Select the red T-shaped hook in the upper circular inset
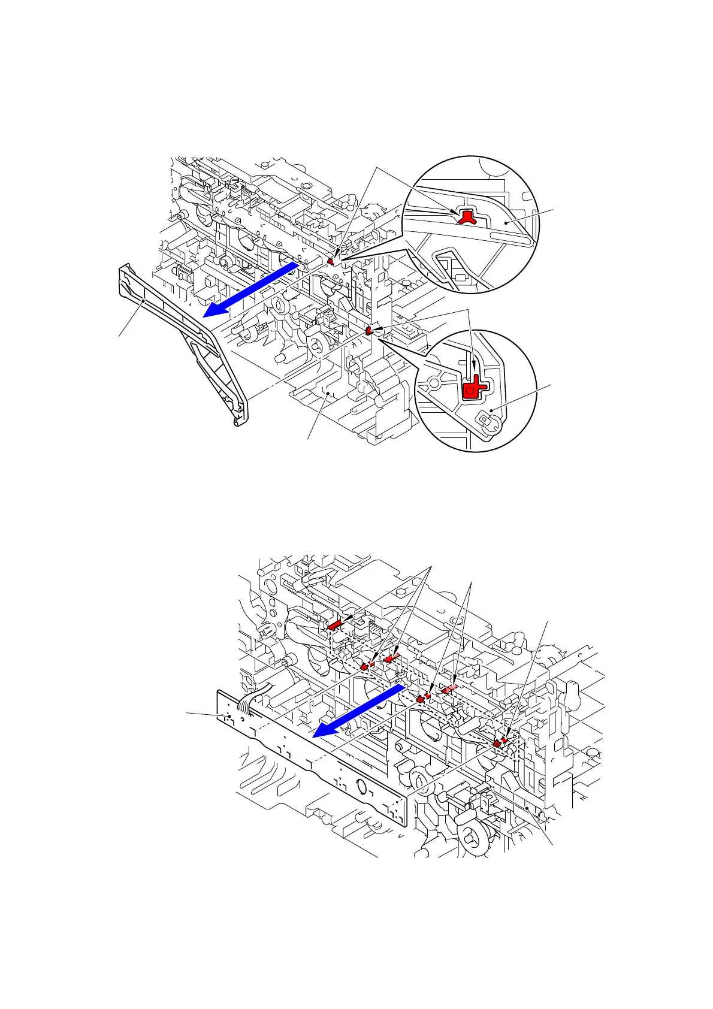tap(468, 217)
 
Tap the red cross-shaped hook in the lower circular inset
tap(473, 386)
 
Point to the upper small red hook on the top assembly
tap(331, 262)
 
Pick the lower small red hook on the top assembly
tap(369, 330)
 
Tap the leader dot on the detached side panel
tap(142, 301)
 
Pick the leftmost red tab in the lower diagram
tap(334, 625)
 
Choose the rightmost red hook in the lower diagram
tap(497, 743)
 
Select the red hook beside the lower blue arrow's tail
tap(421, 698)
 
